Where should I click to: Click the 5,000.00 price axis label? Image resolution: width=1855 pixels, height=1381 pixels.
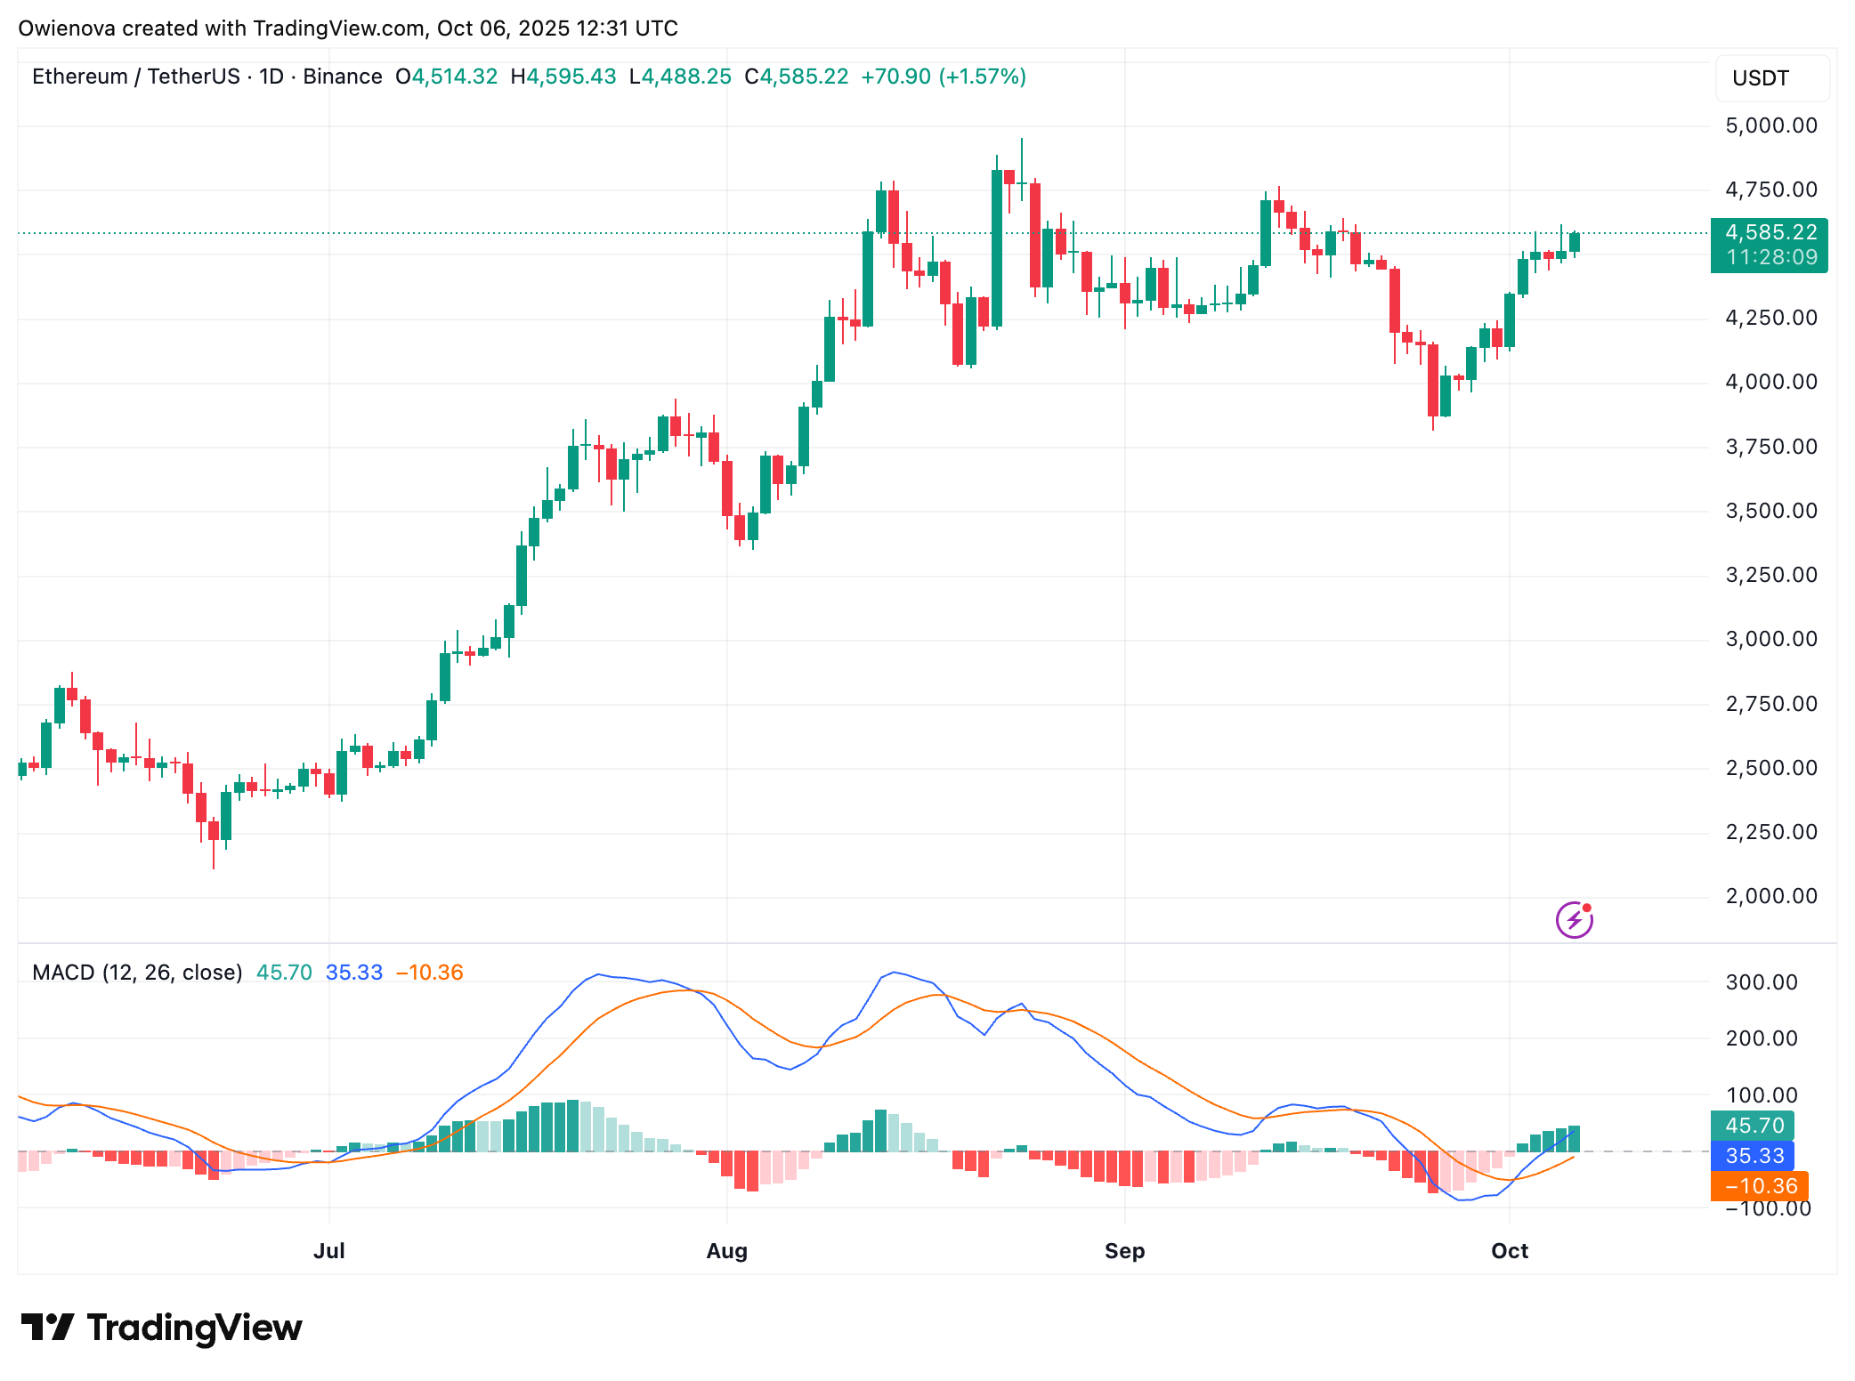coord(1770,125)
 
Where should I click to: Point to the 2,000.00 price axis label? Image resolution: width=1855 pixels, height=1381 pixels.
coord(1770,896)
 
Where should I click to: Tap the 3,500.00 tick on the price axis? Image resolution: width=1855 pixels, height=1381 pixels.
coord(1770,511)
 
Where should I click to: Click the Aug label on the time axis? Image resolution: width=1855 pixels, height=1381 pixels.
coord(726,1251)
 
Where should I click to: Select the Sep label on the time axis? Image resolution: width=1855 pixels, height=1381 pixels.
coord(1124,1251)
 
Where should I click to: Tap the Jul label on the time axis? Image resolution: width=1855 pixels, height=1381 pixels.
coord(328,1251)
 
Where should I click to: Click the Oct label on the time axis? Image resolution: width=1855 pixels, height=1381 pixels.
coord(1510,1251)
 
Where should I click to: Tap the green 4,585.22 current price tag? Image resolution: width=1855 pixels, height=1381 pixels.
coord(1769,245)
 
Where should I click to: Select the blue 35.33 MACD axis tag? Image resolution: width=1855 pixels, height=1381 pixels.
coord(1753,1156)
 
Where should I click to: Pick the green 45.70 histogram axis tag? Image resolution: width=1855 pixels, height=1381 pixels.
coord(1753,1126)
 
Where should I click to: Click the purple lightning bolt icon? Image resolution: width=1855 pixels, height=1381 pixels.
coord(1574,920)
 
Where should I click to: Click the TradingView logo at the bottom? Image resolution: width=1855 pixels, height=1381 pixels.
coord(162,1328)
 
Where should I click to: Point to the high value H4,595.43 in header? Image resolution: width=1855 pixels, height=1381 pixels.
coord(563,77)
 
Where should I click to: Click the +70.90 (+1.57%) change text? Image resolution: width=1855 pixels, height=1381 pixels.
coord(944,77)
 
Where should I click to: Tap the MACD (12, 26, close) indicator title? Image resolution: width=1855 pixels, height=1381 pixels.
coord(137,973)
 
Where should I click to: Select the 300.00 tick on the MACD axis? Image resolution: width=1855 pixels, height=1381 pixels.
coord(1761,982)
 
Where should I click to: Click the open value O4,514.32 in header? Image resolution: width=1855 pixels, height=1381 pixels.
coord(447,77)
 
